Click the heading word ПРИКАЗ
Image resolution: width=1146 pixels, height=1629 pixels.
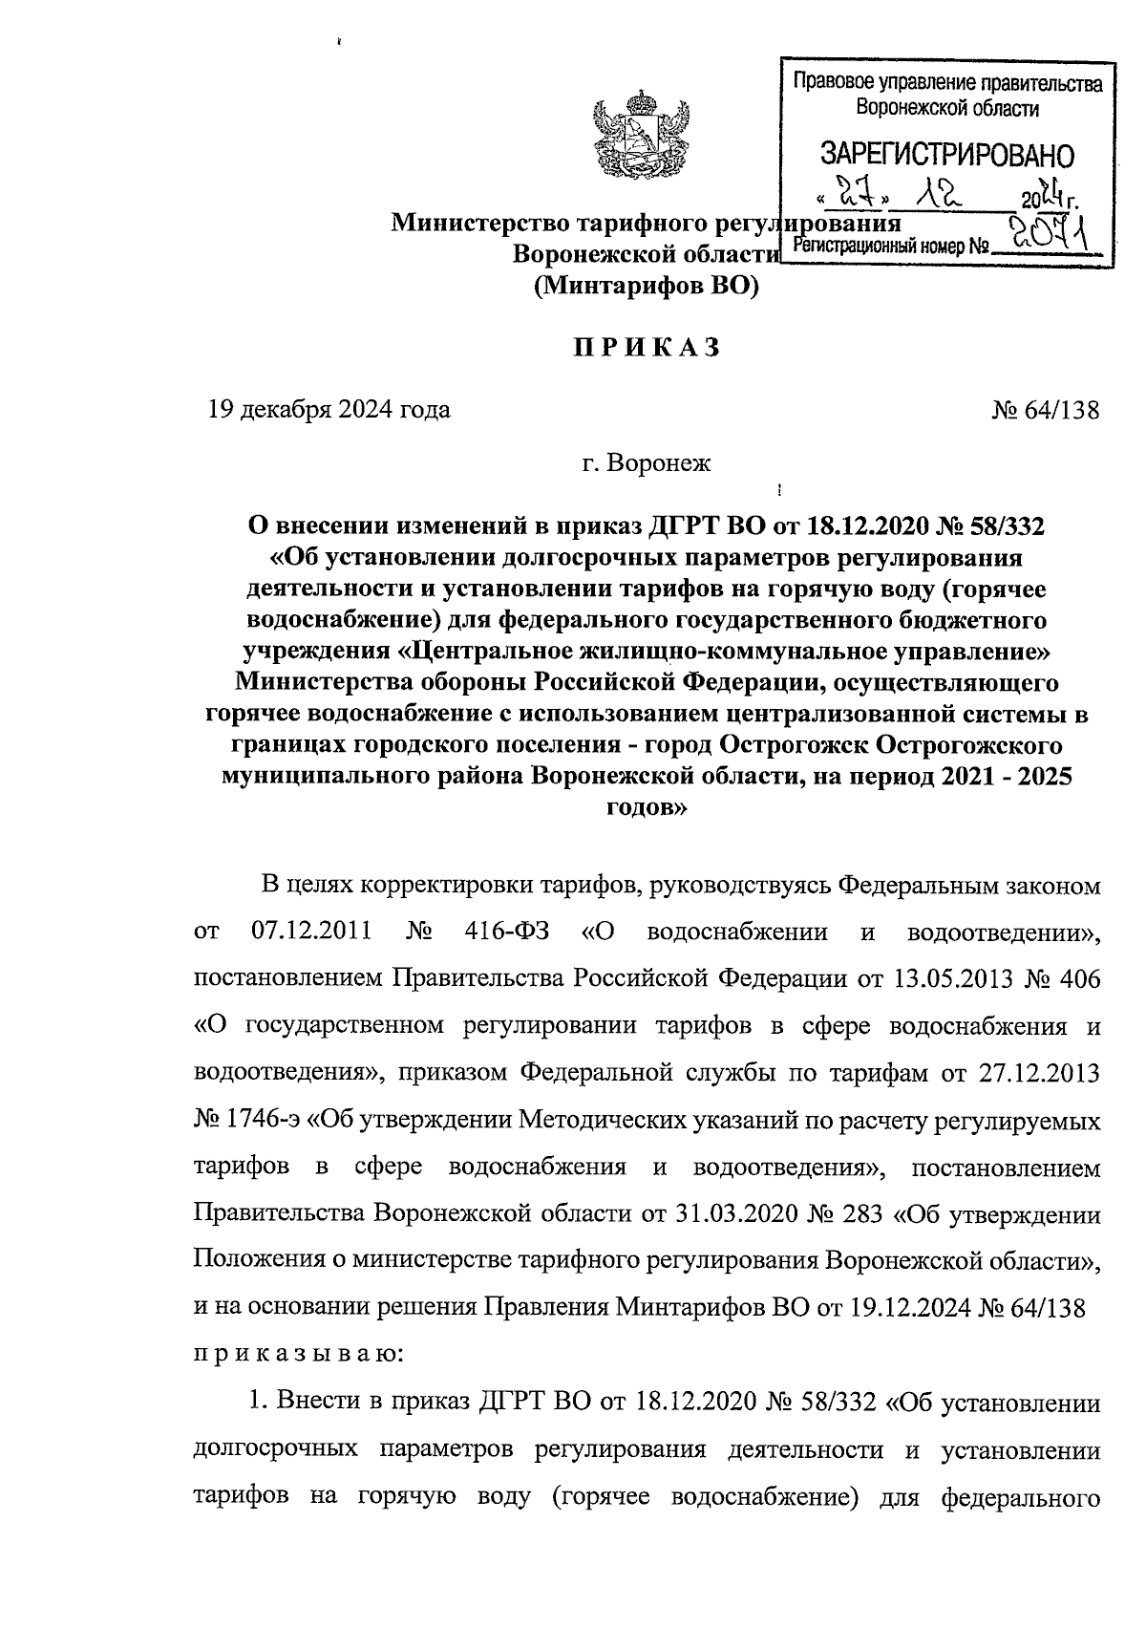click(x=646, y=349)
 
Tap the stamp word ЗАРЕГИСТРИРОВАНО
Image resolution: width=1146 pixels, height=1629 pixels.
click(x=946, y=155)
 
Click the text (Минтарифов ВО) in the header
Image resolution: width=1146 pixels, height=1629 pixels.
click(x=646, y=286)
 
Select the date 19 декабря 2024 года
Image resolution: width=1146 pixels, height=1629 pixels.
click(x=329, y=412)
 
